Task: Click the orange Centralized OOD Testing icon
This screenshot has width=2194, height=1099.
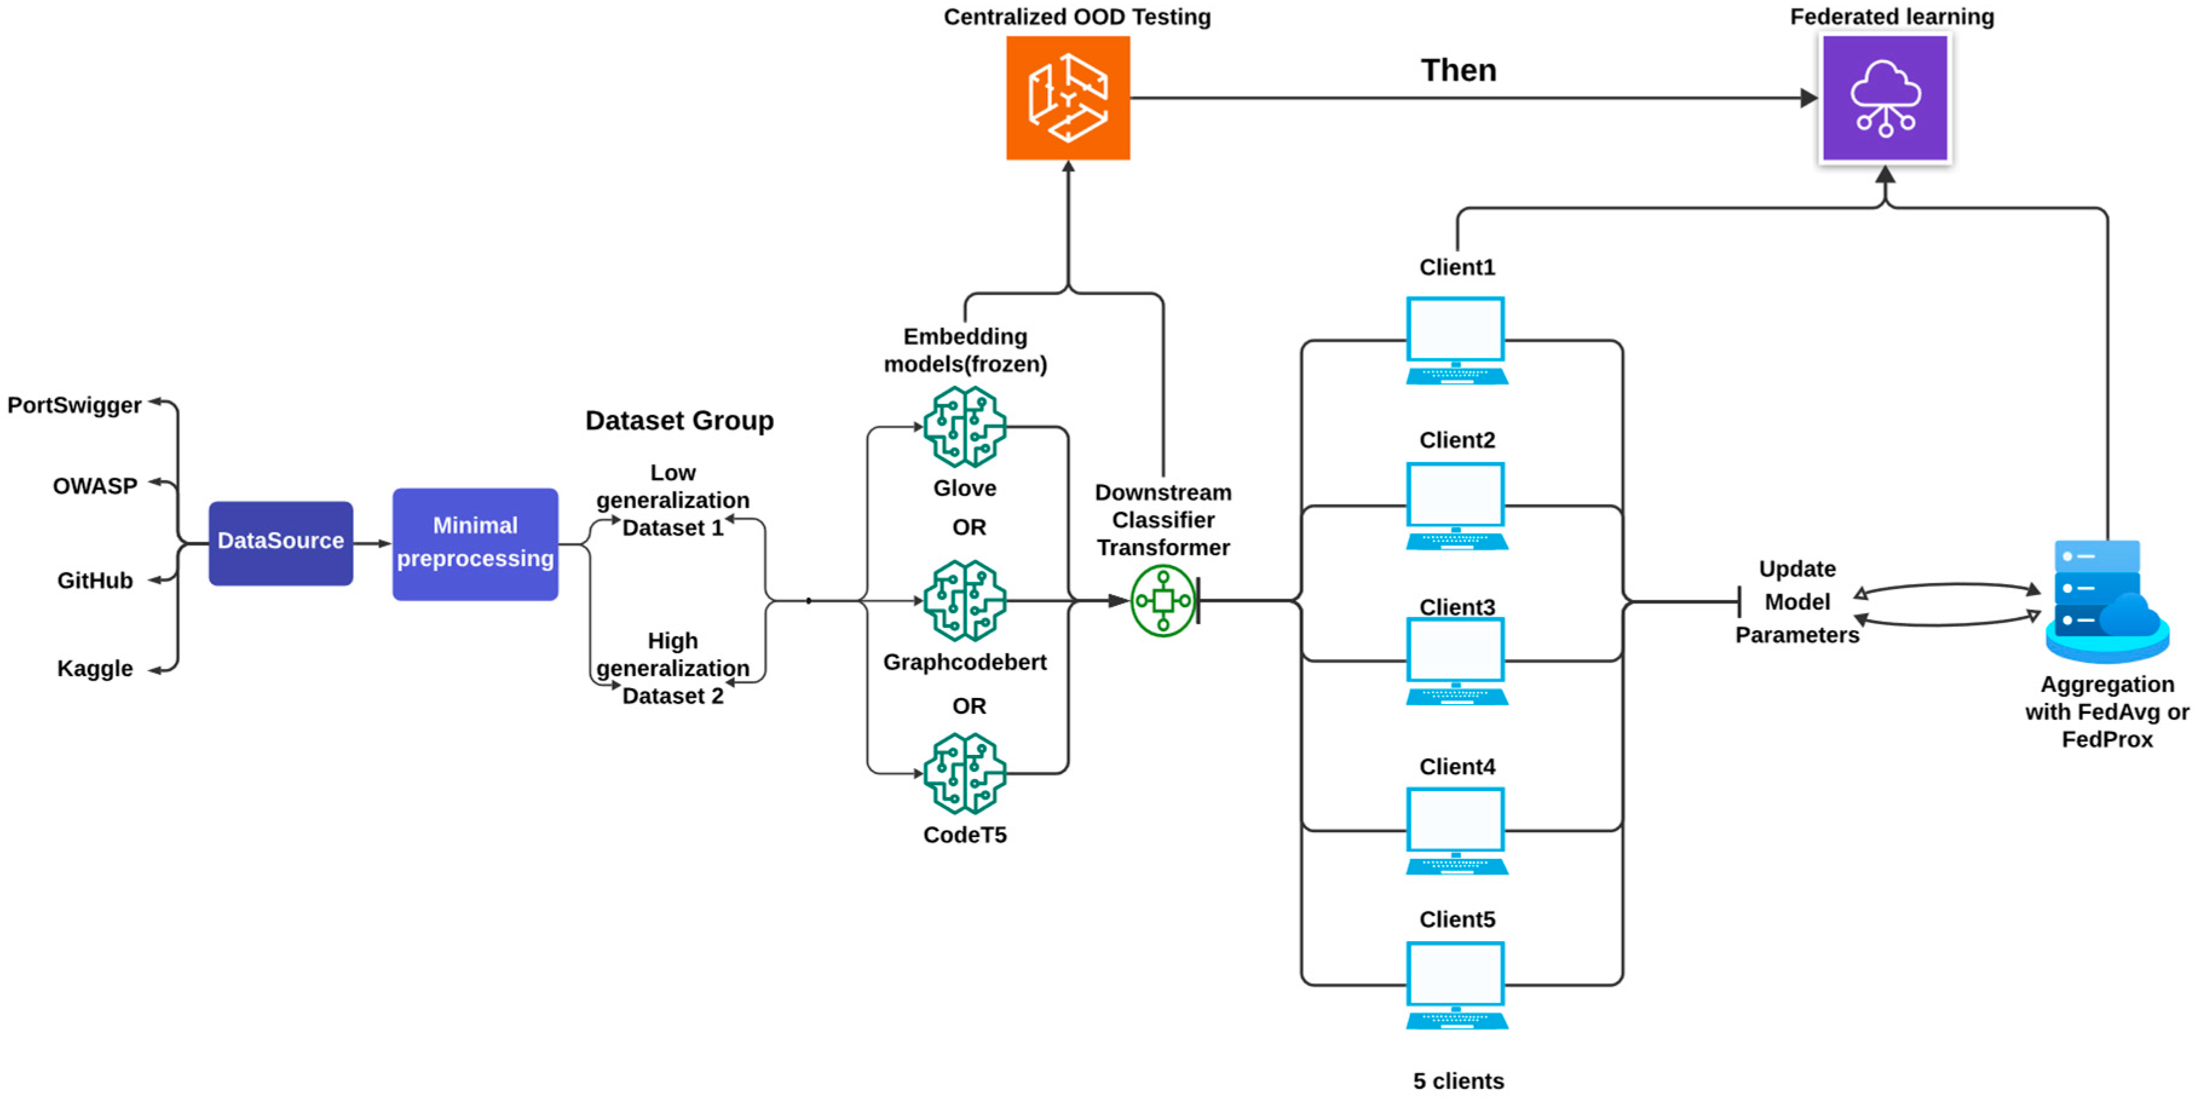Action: [1068, 98]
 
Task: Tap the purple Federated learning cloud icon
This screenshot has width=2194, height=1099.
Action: [1885, 98]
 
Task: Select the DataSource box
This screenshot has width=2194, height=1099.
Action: [281, 543]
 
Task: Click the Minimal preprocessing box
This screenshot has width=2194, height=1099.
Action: [475, 544]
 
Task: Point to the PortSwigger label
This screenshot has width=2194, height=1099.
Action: [75, 405]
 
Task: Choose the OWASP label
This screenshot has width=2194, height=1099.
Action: [94, 486]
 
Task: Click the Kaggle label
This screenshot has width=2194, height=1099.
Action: [94, 669]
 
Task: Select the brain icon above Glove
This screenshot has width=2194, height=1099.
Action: [965, 427]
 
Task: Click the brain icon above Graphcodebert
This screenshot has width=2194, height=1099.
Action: [965, 601]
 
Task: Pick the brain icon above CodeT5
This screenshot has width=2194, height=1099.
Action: [965, 774]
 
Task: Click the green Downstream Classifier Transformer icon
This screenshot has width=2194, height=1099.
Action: [1163, 601]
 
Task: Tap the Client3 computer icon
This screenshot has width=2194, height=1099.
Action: [1457, 661]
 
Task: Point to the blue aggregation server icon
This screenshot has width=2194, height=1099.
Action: [2107, 601]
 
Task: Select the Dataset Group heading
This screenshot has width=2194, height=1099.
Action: [680, 421]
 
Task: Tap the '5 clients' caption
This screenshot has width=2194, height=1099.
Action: [1458, 1081]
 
